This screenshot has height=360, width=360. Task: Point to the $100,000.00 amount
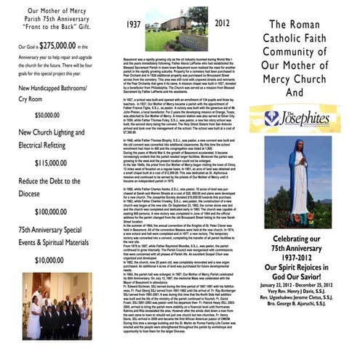click(49, 210)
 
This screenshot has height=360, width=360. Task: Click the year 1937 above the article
click(133, 25)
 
